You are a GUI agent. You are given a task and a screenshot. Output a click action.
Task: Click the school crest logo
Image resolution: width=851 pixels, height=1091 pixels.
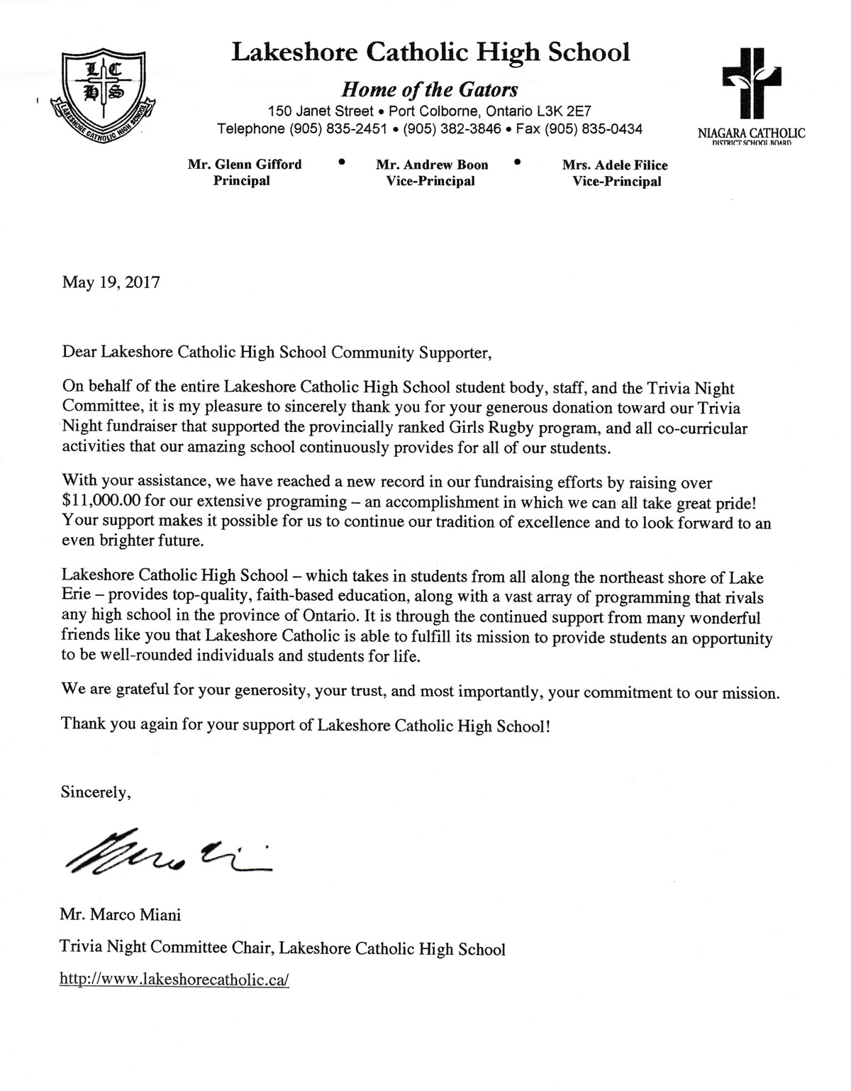coord(104,92)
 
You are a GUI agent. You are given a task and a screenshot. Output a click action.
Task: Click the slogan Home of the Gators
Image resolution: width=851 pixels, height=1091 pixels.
coord(430,89)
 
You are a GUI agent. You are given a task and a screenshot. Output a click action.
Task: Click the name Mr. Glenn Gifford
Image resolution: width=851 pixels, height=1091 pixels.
coord(245,165)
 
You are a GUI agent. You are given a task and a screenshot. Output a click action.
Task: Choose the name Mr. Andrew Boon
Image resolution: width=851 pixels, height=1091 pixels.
coord(432,165)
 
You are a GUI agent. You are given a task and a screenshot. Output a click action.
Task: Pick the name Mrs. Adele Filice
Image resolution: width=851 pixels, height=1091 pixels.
coord(615,165)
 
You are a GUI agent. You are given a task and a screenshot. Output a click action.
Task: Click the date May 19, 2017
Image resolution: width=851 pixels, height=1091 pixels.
coord(111,282)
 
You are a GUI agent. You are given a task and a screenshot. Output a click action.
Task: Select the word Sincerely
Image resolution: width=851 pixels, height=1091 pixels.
coord(95,792)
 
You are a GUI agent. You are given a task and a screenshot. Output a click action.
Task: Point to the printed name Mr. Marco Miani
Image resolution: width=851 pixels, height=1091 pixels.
coord(121,914)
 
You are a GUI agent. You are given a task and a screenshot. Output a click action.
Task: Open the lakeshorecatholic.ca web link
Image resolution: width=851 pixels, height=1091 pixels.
coord(174,980)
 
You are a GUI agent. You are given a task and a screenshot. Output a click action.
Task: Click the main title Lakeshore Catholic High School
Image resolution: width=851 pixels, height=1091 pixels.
coord(430,52)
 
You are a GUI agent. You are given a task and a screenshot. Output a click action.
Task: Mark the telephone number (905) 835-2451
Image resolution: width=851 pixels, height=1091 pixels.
coord(338,129)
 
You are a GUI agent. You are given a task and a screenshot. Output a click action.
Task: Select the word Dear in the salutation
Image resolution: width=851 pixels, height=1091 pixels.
coord(79,352)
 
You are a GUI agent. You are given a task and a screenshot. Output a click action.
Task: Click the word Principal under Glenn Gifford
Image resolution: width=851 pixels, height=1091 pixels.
coord(242,181)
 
